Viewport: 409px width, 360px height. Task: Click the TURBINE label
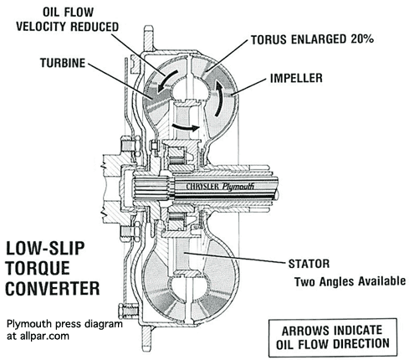tap(63, 63)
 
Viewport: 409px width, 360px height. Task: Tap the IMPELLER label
tap(296, 78)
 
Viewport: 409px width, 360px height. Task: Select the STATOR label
tap(309, 264)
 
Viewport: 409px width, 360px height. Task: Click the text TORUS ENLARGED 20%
tap(312, 39)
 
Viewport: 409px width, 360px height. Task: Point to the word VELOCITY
tap(42, 27)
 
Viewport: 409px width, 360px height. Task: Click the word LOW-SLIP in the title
tap(45, 249)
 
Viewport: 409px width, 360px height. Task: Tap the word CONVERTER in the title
tap(53, 288)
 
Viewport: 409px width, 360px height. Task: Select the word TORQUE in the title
tap(38, 269)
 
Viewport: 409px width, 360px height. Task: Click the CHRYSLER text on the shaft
tap(202, 186)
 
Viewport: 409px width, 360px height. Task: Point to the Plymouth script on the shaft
tap(238, 187)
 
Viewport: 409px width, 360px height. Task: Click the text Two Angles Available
tap(350, 281)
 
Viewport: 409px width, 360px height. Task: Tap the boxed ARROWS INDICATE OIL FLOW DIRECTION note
tap(332, 337)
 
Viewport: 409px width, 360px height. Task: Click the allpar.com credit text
tap(38, 336)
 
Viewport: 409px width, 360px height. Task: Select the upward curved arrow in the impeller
tap(219, 97)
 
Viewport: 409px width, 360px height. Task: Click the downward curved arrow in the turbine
tap(167, 81)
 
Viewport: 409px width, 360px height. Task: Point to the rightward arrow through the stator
tap(186, 127)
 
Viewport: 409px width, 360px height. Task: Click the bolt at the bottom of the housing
tap(128, 310)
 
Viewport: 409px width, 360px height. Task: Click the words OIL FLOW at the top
tap(68, 13)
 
